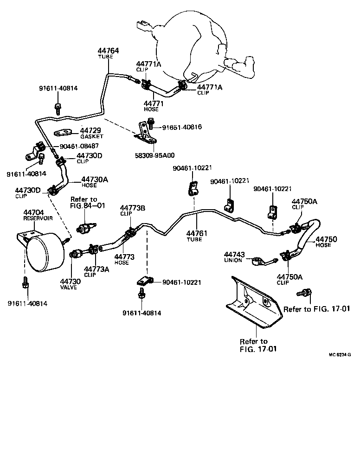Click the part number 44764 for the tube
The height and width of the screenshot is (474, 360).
pyautogui.click(x=108, y=51)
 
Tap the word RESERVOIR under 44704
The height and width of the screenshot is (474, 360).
pyautogui.click(x=38, y=218)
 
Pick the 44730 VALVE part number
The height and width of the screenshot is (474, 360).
pyautogui.click(x=70, y=282)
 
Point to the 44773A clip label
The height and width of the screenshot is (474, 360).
pyautogui.click(x=96, y=269)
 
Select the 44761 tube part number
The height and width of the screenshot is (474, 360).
pyautogui.click(x=197, y=234)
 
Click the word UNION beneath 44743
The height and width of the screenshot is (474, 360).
pyautogui.click(x=233, y=260)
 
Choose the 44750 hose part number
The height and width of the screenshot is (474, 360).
pyautogui.click(x=326, y=239)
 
